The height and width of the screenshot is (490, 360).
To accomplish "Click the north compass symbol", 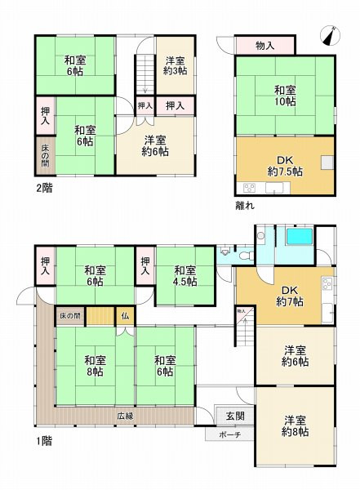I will click(x=331, y=34).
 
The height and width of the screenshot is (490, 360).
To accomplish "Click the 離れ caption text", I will click(x=243, y=206).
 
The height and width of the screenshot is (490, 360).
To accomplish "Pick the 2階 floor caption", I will click(x=43, y=185).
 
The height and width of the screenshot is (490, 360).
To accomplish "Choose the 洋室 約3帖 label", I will click(x=175, y=66).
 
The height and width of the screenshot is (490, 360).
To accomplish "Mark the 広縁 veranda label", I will click(x=125, y=416).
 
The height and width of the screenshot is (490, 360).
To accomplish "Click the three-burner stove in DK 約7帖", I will click(x=327, y=285).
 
